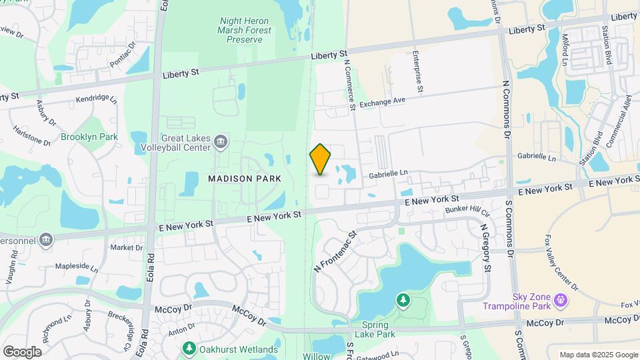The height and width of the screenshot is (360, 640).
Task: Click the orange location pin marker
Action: point(320,159)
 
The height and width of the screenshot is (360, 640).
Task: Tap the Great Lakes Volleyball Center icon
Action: point(221,141)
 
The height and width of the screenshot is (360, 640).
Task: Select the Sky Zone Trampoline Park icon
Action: point(560,302)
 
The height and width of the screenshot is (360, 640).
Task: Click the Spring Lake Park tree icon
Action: point(403,301)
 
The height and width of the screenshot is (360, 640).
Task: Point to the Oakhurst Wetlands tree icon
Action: point(189,349)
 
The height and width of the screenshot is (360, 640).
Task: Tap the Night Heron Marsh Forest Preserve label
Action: point(245,30)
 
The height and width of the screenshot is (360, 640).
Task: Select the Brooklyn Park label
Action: point(89,137)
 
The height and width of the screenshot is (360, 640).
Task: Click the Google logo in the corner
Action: point(22,351)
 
